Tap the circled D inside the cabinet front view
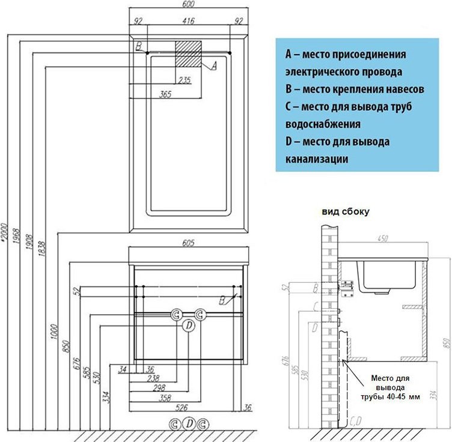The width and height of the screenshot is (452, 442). click(188, 326)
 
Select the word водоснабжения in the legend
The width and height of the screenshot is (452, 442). click(323, 124)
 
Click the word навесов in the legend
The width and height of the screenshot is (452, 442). click(403, 89)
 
